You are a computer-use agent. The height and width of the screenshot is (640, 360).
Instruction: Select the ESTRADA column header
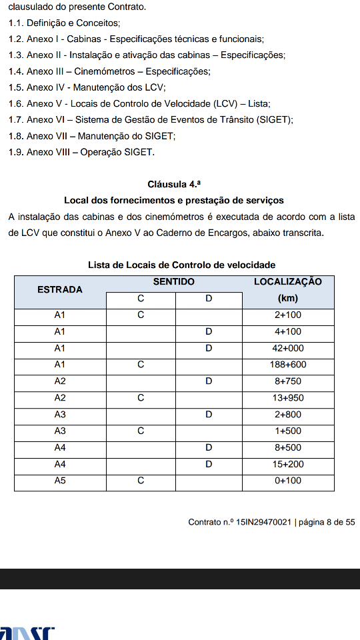tap(60, 289)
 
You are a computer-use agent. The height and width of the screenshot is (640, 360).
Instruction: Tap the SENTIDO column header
tap(174, 282)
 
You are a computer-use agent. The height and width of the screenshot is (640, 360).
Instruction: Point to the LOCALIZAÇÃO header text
tap(288, 282)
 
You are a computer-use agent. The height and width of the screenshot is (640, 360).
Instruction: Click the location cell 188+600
tap(288, 365)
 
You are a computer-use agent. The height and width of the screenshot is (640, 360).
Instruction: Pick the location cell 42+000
tap(288, 348)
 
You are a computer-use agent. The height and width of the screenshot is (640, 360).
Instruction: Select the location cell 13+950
tap(288, 398)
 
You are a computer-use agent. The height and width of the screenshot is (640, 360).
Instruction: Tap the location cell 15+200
tap(288, 464)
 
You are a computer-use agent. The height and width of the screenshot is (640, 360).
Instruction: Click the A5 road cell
tap(60, 481)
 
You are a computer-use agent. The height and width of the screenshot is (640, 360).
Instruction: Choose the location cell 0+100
tap(288, 481)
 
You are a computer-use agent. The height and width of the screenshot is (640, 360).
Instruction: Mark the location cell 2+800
tap(288, 415)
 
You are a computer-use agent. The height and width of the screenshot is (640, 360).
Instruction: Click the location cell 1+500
tap(288, 431)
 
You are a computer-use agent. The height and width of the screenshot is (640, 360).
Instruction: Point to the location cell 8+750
tap(288, 381)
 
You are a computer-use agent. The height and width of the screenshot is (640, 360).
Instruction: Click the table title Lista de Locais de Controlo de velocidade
tap(182, 265)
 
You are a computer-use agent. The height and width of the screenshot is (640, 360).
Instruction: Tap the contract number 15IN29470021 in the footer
tap(263, 522)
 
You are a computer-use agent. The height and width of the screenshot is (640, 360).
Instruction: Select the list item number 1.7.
tap(16, 120)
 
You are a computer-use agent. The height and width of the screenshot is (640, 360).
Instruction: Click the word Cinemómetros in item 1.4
tap(107, 71)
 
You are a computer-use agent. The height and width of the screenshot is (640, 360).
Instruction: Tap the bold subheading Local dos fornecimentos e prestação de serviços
tap(174, 200)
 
